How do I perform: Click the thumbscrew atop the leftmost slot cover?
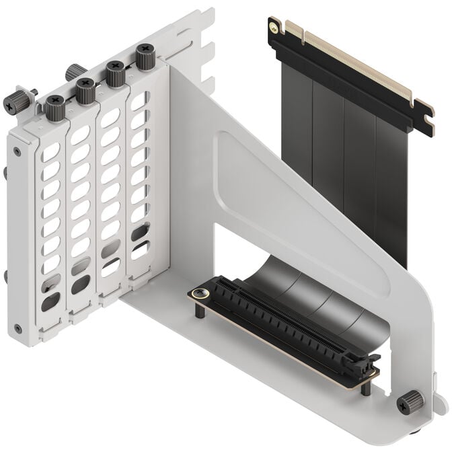click(x=54, y=106)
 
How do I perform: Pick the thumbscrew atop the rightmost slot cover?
click(x=145, y=57)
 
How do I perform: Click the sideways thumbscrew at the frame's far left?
click(x=17, y=100)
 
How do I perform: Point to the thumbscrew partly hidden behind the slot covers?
click(x=75, y=71)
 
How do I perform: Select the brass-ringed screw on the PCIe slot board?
click(x=198, y=293)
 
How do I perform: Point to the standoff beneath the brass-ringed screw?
click(x=200, y=311)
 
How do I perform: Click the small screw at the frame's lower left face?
click(x=17, y=329)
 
